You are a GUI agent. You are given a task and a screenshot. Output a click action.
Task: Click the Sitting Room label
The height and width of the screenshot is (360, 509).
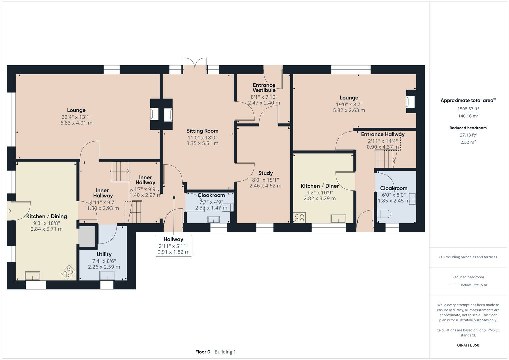pos(202,131)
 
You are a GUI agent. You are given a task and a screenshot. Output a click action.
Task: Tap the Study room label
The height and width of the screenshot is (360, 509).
pos(265,173)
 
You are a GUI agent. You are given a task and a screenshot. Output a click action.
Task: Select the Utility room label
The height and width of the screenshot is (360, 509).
pos(104,254)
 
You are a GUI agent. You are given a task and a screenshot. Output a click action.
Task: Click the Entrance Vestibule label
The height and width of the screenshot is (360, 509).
pos(264,88)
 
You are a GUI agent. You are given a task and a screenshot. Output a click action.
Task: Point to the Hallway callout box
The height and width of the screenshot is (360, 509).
pos(173,245)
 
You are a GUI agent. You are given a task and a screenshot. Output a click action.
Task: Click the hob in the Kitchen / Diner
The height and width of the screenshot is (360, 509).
pos(299,218)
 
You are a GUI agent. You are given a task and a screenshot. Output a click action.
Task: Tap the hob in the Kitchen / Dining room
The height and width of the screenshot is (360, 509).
pos(68,272)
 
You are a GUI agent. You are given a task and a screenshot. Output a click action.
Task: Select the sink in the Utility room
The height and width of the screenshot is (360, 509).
pos(107,276)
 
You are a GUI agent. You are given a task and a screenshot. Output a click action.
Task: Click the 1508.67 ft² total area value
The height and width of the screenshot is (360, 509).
pos(468,109)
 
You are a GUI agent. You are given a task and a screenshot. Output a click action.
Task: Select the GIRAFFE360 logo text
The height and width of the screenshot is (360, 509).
pos(468,345)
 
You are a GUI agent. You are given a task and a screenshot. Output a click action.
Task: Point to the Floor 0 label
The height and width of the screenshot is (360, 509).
pos(203,352)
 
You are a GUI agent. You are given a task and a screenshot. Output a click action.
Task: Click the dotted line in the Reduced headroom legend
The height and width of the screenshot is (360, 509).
pos(454,285)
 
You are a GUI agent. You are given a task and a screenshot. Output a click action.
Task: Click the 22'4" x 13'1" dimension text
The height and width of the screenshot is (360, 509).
pos(76,117)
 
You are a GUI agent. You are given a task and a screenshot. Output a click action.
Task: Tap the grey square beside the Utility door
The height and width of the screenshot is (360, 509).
pos(87,236)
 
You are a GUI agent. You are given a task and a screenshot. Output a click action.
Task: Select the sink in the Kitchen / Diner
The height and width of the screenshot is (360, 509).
pos(338,218)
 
